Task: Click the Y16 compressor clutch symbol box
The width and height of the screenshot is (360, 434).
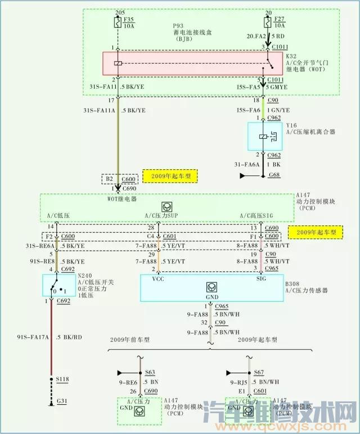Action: click(x=265, y=137)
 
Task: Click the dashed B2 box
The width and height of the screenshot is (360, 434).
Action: click(x=109, y=179)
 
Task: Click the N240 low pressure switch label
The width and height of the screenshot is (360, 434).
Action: click(x=84, y=275)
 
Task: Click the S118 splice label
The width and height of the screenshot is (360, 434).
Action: click(x=64, y=381)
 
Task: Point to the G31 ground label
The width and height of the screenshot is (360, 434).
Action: click(x=63, y=401)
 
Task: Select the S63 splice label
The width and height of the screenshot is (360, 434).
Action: click(x=150, y=372)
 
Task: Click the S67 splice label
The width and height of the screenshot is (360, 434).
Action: click(x=258, y=372)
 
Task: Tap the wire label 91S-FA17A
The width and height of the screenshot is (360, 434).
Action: click(x=32, y=337)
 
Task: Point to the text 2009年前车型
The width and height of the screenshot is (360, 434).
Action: click(x=130, y=340)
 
